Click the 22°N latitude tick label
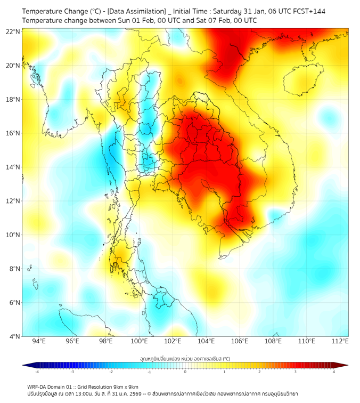tap(13, 31)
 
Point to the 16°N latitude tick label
tap(13, 133)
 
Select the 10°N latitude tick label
tap(13, 235)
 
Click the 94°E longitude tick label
tap(39, 341)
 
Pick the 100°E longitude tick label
tap(139, 341)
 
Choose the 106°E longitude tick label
tap(240, 341)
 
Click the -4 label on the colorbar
tap(36, 372)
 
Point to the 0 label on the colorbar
tap(185, 372)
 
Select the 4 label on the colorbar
tap(334, 372)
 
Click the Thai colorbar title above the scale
tap(185, 359)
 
